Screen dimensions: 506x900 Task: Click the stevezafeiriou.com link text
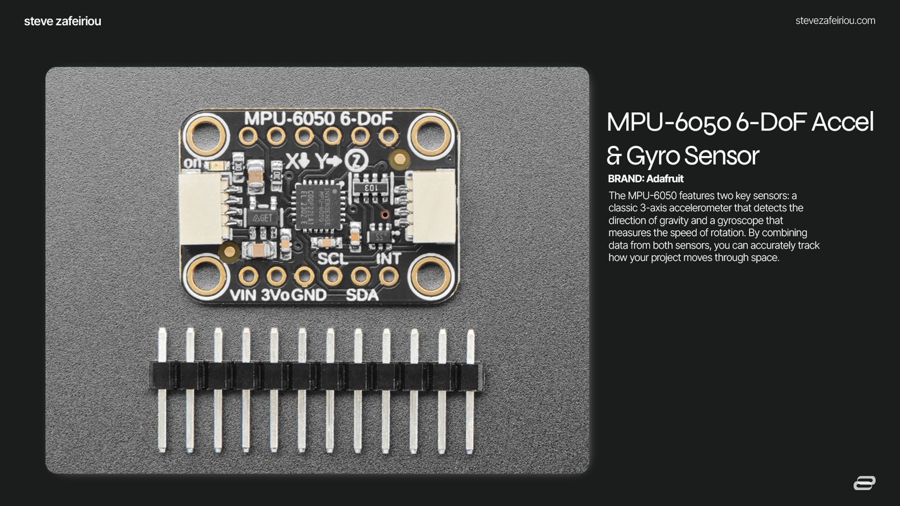coord(835,21)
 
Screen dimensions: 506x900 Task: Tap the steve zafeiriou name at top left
coord(63,21)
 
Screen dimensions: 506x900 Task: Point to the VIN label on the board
coord(243,295)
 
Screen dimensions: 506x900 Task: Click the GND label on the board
coord(309,295)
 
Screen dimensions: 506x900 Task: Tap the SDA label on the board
coord(362,295)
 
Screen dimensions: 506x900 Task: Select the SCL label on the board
coord(333,259)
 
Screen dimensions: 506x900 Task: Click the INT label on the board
coord(388,259)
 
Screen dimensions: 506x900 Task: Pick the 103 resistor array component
coord(371,187)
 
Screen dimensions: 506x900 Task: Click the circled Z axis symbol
coord(357,160)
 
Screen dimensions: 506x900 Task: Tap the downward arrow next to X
coord(305,160)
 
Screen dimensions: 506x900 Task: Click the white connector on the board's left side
coord(200,209)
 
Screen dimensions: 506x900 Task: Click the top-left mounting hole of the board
coord(206,134)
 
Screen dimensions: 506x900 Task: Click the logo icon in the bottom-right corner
coord(864,483)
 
